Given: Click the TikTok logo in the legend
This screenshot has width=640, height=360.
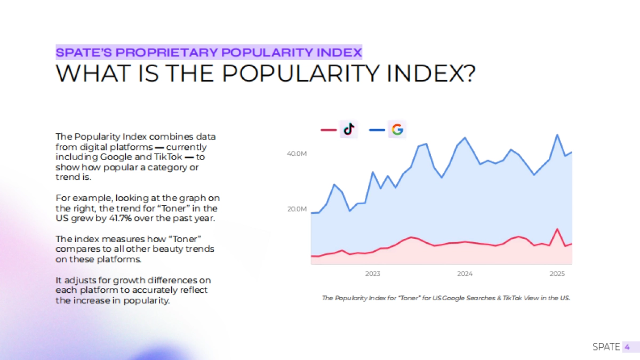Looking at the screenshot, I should [349, 130].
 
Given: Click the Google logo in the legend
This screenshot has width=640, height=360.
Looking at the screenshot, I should [397, 130].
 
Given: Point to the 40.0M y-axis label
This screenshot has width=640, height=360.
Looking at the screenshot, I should [297, 154].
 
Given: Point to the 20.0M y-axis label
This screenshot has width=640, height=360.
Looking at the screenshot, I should [297, 209].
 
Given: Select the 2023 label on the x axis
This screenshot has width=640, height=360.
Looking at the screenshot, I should [373, 274].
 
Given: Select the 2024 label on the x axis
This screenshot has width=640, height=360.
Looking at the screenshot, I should [465, 274].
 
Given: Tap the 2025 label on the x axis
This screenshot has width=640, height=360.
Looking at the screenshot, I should [557, 274].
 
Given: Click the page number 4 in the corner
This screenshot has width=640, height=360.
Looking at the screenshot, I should [627, 347].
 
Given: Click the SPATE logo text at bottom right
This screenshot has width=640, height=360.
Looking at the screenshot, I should [606, 347].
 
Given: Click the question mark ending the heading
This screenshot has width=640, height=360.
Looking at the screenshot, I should [467, 74].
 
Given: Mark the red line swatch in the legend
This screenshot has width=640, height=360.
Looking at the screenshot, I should [328, 130].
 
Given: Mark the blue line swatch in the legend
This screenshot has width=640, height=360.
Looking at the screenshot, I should [377, 130].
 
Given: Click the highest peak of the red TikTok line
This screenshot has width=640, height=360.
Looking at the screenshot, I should [557, 229].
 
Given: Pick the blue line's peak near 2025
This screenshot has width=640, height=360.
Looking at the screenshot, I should [557, 134].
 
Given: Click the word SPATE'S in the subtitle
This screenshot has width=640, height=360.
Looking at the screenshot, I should [84, 52].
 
